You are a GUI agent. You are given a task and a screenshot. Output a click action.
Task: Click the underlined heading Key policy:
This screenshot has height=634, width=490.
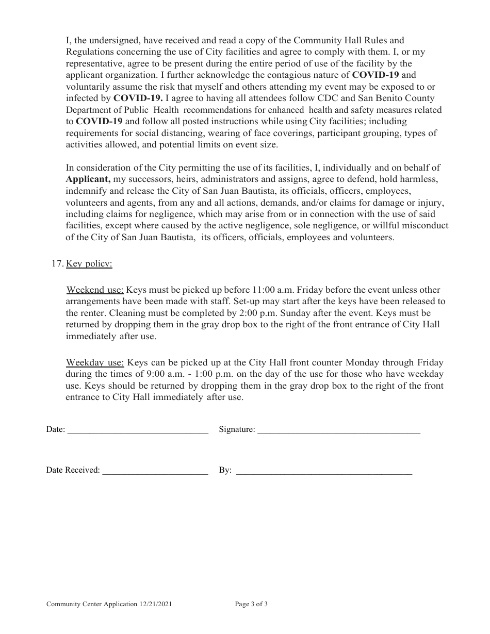[89, 264]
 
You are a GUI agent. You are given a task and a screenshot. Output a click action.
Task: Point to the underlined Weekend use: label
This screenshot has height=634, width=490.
[95, 290]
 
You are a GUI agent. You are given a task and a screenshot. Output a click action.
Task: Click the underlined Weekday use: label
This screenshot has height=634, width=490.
[95, 363]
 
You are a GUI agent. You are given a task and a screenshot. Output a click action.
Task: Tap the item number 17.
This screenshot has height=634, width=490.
[57, 264]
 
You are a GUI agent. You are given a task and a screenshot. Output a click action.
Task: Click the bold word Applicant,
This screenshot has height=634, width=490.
[88, 179]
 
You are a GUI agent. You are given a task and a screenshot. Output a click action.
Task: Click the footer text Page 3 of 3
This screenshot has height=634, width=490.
[251, 604]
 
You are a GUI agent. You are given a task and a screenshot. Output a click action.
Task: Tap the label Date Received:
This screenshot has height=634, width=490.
[73, 470]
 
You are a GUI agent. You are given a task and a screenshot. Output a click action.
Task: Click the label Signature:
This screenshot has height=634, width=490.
[237, 429]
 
